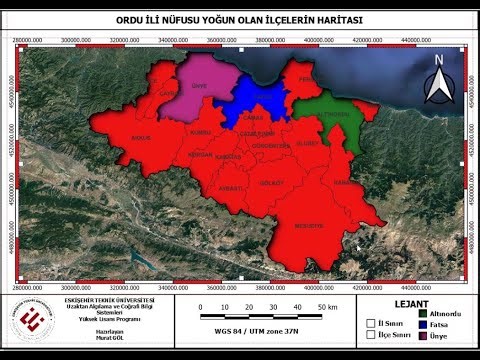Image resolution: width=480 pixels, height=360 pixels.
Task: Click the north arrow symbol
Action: click(438, 80)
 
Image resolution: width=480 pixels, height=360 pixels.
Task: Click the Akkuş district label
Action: click(139, 136)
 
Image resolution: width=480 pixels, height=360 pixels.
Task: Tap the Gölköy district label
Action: click(271, 182)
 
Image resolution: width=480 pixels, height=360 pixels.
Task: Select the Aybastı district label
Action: click(231, 187)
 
